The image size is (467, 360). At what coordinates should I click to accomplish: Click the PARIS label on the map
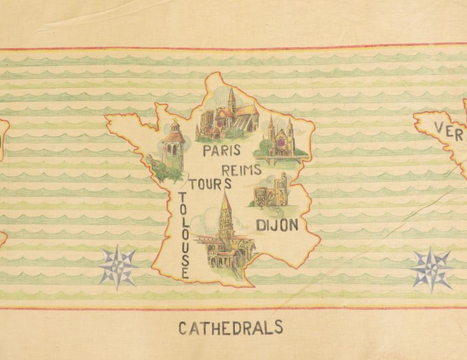click(x=222, y=150)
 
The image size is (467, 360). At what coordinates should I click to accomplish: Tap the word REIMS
click(x=241, y=170)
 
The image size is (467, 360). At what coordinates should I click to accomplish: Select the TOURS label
click(x=210, y=184)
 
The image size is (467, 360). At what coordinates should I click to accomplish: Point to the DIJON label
click(x=277, y=225)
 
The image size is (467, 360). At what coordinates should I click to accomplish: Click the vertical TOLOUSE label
click(x=184, y=235)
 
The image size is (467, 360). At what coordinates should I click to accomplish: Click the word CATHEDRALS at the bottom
click(x=230, y=328)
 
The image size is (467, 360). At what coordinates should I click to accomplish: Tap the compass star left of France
click(x=118, y=267)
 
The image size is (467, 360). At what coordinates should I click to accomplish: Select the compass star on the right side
click(x=431, y=269)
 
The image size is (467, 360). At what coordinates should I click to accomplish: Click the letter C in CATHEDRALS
click(x=183, y=328)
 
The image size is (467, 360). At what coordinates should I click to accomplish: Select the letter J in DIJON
click(x=275, y=225)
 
